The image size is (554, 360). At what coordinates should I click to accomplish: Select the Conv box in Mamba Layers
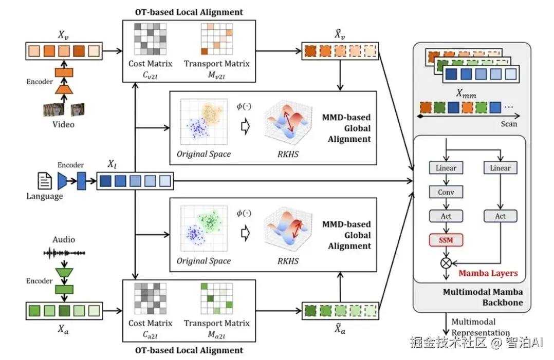pos(446,192)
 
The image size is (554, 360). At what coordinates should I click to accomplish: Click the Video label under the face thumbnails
pos(64,124)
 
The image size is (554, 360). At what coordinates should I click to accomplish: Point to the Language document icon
pos(44,180)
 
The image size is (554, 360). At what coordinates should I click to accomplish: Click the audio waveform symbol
pos(64,253)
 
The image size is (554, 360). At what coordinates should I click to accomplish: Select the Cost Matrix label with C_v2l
pos(150,69)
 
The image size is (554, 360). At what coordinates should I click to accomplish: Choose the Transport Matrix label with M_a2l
pos(216,328)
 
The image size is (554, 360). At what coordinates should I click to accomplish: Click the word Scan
pos(508,124)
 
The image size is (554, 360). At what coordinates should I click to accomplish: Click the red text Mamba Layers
pos(488,273)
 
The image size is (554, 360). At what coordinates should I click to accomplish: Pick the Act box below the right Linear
pos(500,216)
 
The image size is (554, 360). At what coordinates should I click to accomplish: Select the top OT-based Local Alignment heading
pos(190,11)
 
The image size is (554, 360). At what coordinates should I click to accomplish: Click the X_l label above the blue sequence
pos(113,164)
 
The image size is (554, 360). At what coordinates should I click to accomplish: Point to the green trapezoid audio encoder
pos(64,272)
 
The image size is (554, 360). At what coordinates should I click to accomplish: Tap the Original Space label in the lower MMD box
pos(204,261)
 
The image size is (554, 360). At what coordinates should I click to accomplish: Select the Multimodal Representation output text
pos(481,327)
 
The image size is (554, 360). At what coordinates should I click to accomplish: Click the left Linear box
pos(446,168)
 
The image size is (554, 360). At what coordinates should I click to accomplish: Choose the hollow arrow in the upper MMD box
pos(245,126)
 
